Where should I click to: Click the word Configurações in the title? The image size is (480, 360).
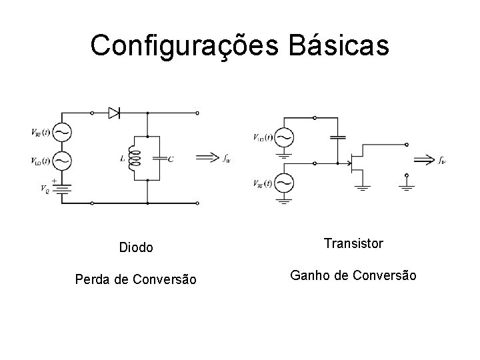click(177, 46)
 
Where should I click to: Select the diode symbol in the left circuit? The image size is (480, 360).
click(115, 113)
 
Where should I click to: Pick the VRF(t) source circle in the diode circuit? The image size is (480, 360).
click(61, 132)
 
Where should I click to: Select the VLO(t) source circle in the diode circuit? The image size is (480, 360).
click(61, 160)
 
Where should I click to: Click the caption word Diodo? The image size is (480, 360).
click(136, 248)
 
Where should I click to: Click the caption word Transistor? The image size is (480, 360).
click(353, 244)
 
